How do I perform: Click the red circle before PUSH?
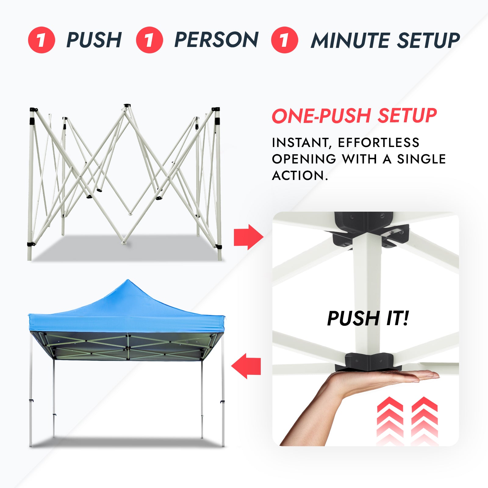pos(41,40)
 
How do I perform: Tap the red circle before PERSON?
pos(149,40)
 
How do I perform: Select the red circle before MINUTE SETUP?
pos(285,40)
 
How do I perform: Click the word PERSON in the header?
pos(216,40)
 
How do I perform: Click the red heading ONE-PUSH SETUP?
pos(354,116)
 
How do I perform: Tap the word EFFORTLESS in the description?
pos(379,143)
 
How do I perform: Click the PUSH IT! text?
pos(368,318)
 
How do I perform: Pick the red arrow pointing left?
pos(246,366)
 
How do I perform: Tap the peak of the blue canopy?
pos(128,281)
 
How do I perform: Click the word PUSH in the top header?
pos(94,40)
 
